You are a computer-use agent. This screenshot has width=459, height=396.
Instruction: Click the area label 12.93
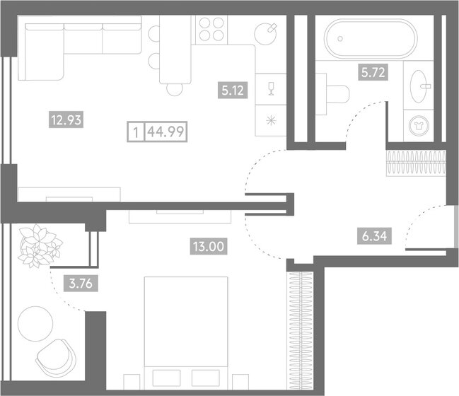click(66, 120)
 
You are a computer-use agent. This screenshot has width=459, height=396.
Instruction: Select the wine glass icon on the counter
click(269, 86)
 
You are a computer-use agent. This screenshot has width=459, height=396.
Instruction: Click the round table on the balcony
click(35, 323)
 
